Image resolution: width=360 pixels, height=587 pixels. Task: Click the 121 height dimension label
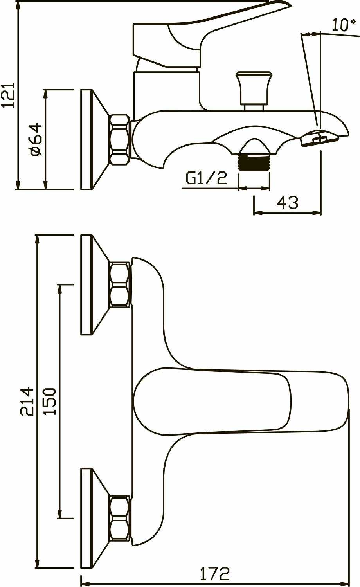coord(9,95)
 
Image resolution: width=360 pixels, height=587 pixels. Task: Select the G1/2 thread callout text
coord(206,178)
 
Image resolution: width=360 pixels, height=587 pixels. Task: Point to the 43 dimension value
coord(288,203)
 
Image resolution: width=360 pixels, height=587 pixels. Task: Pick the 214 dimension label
coord(27,402)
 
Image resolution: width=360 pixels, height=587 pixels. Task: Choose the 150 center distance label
coord(50,402)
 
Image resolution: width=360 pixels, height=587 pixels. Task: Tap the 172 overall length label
coord(215,574)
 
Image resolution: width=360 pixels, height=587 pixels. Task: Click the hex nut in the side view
coord(119,140)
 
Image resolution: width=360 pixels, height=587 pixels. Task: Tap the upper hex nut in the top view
coord(119,284)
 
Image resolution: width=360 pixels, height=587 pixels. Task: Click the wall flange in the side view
coord(87,140)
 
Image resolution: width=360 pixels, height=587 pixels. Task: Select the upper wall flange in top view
coord(87,284)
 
